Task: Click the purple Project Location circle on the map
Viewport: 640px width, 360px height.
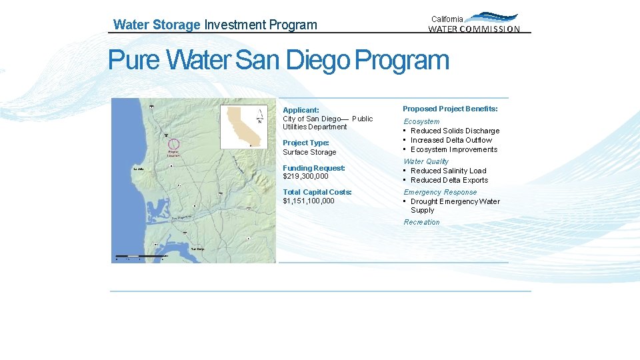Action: pos(173,143)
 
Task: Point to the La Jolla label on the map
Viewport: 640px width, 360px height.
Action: pos(139,169)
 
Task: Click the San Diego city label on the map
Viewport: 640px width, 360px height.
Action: pos(197,249)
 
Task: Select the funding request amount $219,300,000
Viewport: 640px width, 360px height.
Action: pos(305,177)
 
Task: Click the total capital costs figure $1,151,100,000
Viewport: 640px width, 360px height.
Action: pos(308,201)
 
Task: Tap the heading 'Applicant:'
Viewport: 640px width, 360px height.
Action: pos(301,110)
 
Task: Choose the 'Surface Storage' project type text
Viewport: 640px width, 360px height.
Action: pos(309,152)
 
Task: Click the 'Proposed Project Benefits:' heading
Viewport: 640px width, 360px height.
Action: pos(450,109)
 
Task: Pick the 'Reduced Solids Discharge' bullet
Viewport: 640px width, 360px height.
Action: pos(455,131)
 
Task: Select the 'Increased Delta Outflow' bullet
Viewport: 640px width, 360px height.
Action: pos(451,140)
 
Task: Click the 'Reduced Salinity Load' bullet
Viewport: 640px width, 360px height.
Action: pos(448,171)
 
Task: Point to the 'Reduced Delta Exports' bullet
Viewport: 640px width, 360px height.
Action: pos(449,180)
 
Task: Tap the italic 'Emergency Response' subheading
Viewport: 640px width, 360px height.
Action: pos(440,192)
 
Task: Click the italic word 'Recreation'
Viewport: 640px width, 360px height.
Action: pos(421,222)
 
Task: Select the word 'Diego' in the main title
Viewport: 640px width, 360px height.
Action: pos(317,61)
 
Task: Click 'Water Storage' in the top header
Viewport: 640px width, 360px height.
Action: pos(157,25)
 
